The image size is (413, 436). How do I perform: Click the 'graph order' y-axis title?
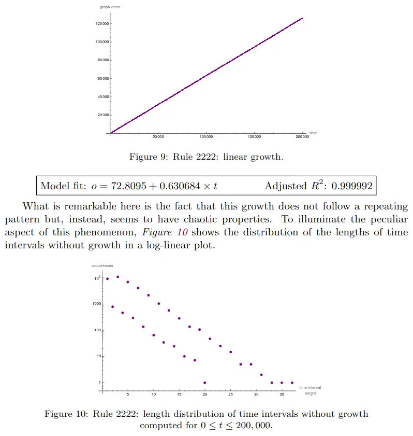pos(110,7)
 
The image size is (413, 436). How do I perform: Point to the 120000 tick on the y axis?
pos(102,24)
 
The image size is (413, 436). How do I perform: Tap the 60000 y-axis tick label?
pos(102,79)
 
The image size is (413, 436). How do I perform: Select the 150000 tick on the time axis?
pos(254,137)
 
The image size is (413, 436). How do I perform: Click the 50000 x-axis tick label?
pos(158,137)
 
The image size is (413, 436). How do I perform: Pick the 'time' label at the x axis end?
pos(313,133)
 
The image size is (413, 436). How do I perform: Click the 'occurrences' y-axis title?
pos(102,266)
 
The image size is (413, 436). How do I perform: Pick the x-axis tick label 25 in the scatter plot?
pos(230,394)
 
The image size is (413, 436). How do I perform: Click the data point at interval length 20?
pos(205,383)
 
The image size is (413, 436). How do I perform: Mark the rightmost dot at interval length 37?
pos(292,383)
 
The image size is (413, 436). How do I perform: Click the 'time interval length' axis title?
pos(310,390)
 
